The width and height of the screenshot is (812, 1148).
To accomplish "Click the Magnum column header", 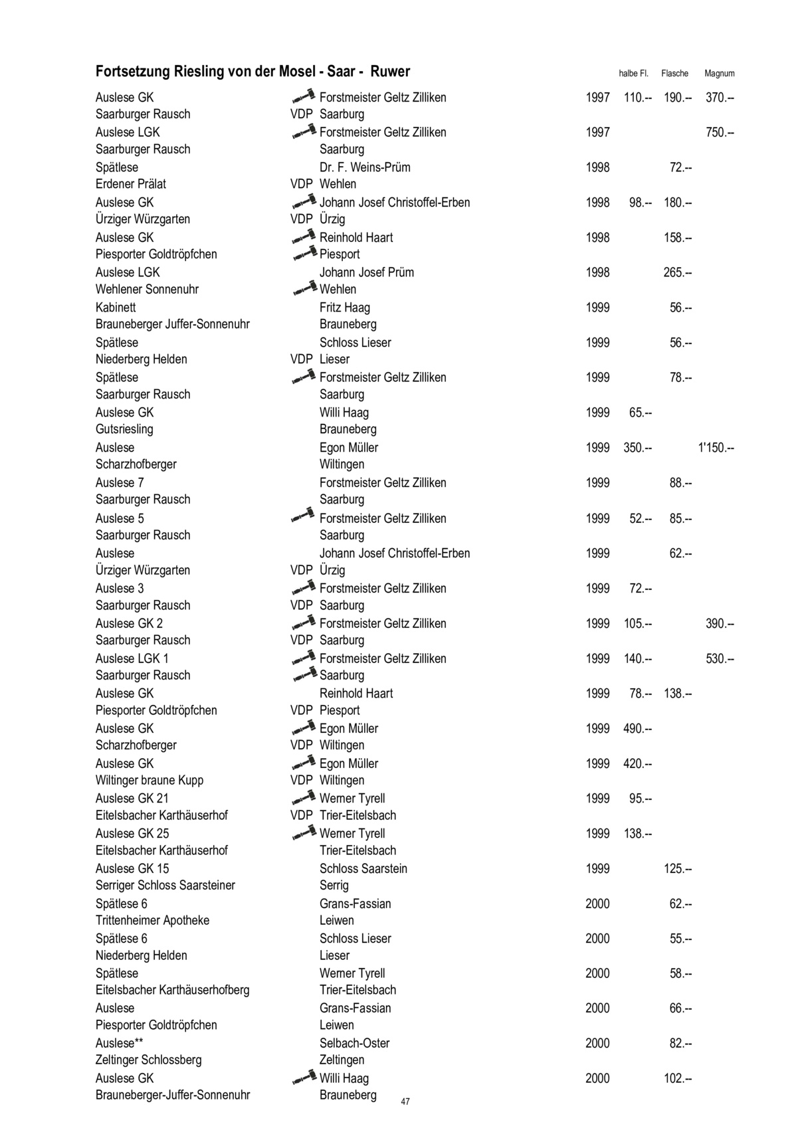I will tap(719, 74).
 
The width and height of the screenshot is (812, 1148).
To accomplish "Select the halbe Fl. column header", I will tap(633, 74).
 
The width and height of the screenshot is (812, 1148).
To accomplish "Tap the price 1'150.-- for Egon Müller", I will tap(716, 448).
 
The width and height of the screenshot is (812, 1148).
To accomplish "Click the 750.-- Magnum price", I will tap(720, 132).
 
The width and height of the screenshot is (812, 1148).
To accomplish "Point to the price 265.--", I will tap(677, 272).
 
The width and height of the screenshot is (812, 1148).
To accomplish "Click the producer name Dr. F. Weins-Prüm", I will tap(365, 167).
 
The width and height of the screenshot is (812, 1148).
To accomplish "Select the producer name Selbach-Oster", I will tap(354, 1043).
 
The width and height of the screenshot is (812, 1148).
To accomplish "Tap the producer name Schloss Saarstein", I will tap(363, 868).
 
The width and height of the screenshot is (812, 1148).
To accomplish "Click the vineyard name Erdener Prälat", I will tap(131, 184).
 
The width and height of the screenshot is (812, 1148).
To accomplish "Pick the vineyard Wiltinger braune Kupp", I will tap(150, 780).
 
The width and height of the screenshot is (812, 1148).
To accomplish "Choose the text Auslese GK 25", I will tap(132, 833).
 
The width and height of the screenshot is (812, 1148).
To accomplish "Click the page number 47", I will tap(405, 1101).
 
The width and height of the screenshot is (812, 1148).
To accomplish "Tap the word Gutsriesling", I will tap(124, 429).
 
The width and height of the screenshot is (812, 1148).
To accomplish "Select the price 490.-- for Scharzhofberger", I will tap(637, 729).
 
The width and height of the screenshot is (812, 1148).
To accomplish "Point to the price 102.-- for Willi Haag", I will tap(677, 1078).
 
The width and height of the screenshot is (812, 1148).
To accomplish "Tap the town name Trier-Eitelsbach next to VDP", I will tap(357, 815).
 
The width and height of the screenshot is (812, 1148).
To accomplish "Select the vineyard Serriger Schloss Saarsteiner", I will tap(165, 885).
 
